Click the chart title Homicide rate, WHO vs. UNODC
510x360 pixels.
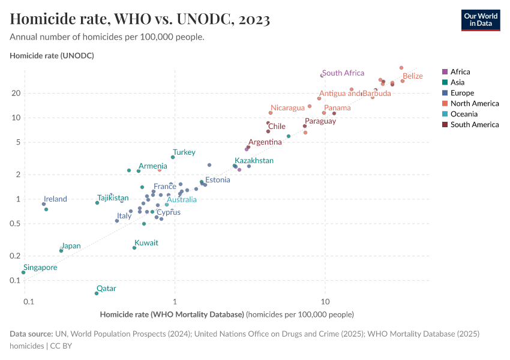(140, 19)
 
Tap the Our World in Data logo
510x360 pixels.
(480, 19)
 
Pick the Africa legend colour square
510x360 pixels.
(445, 72)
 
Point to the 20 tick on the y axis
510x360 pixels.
(16, 93)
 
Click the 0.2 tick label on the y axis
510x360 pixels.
(15, 256)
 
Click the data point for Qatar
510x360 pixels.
(97, 293)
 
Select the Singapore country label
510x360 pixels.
(40, 268)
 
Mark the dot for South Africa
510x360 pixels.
(322, 76)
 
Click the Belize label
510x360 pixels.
(412, 76)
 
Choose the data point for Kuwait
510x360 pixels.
(134, 248)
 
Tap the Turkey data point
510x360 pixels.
(173, 157)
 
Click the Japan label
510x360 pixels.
(71, 246)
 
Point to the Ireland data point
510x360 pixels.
(44, 204)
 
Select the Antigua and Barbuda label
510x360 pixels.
(355, 94)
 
